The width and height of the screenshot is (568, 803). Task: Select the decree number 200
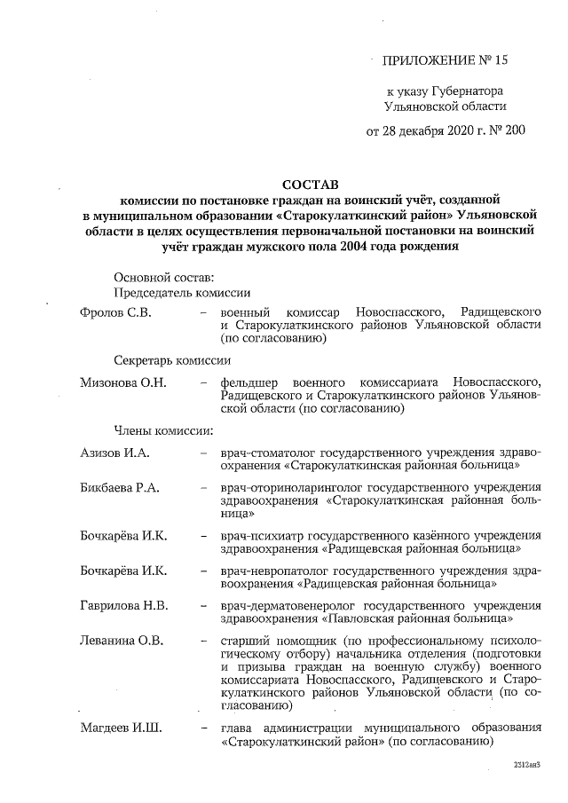514,130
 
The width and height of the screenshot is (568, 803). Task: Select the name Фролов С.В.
116,313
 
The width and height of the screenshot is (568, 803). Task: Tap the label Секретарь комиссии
171,360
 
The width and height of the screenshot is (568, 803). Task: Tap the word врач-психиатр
260,536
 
